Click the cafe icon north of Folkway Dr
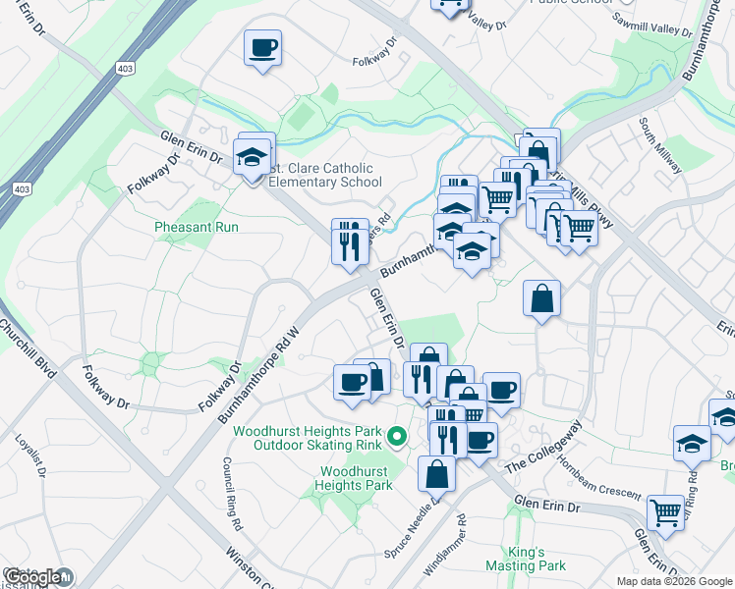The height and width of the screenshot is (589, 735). click(262, 48)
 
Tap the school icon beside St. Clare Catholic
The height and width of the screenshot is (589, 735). click(253, 157)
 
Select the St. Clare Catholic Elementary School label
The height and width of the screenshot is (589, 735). click(324, 175)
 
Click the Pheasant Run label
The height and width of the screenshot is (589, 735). click(197, 227)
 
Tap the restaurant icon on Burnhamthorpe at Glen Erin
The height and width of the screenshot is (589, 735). click(350, 241)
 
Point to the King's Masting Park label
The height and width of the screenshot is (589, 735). click(525, 559)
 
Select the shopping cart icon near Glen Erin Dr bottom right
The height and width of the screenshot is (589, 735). click(666, 511)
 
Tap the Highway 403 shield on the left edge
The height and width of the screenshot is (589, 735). click(22, 187)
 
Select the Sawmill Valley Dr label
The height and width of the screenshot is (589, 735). click(651, 25)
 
